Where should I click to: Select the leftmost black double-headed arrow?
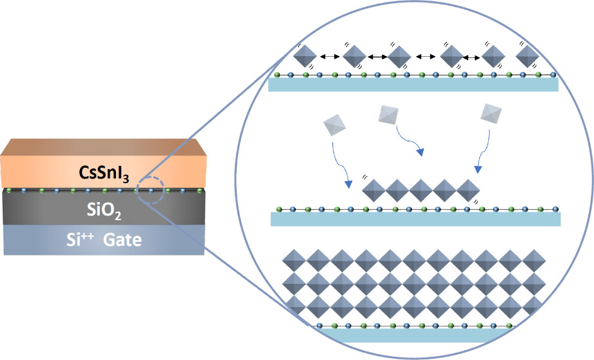pyautogui.click(x=330, y=57)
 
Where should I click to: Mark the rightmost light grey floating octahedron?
pyautogui.click(x=493, y=114)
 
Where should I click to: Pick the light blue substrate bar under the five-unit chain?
pyautogui.click(x=415, y=219)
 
